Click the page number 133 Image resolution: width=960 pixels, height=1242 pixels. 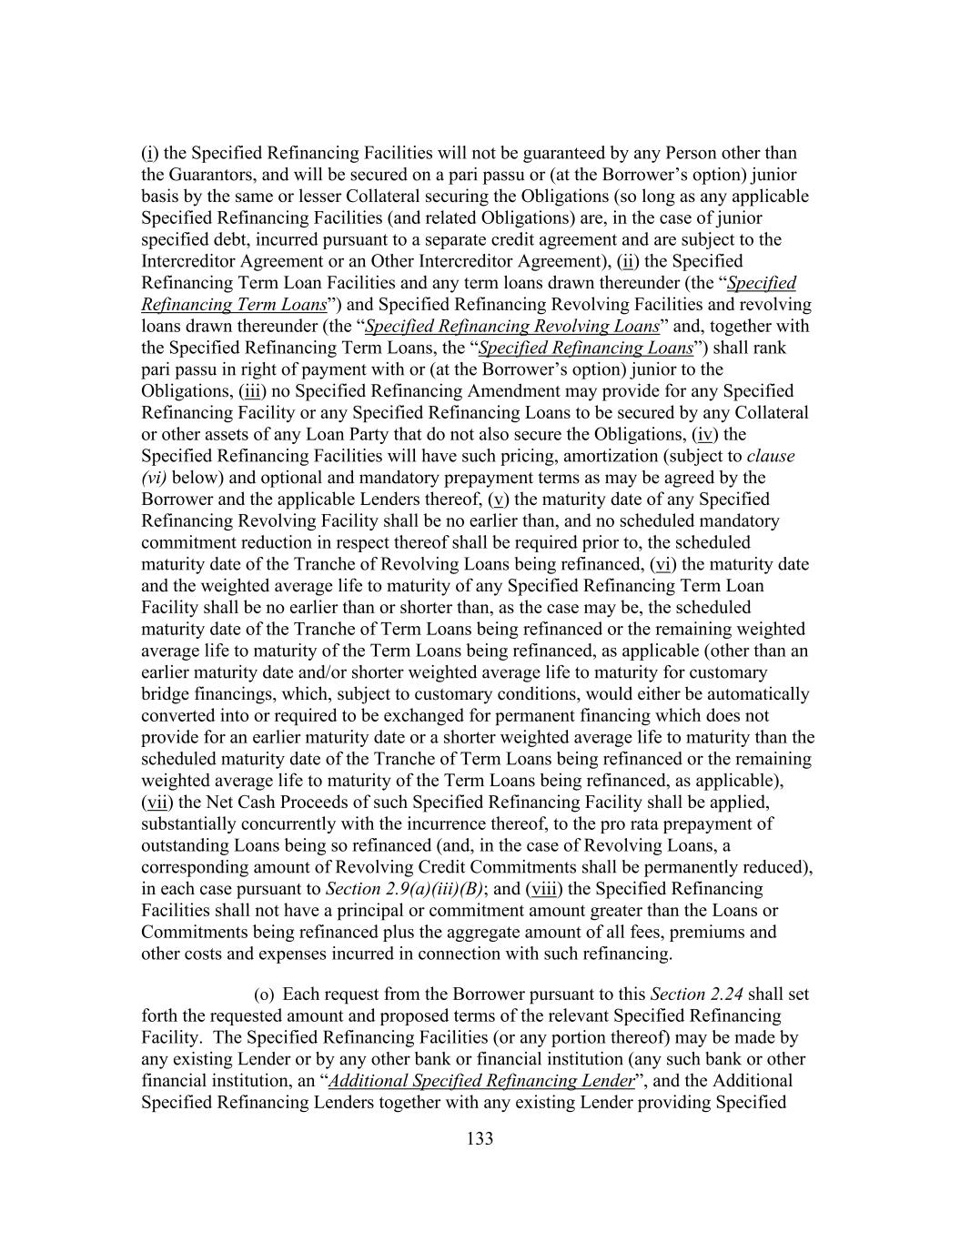pos(480,1138)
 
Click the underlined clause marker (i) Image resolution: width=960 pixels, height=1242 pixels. pos(148,153)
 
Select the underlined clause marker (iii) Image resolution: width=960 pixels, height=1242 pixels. pos(255,391)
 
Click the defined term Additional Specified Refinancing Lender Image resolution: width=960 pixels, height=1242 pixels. pos(481,1081)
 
